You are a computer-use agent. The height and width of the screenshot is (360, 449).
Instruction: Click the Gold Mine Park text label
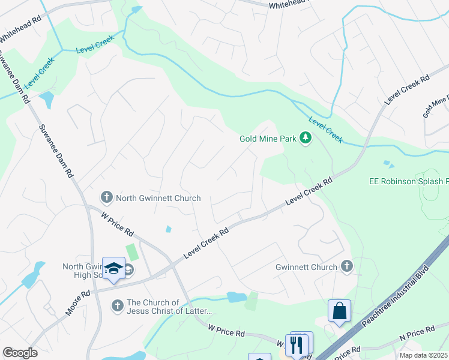[x=268, y=139]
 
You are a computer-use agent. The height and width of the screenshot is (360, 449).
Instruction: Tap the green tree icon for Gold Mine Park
[x=306, y=139]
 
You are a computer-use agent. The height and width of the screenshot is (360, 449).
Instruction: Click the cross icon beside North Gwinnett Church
[x=106, y=197]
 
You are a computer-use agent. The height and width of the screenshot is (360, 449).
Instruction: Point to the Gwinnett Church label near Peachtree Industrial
[x=306, y=267]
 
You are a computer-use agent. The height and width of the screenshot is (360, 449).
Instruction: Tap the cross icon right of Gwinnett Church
[x=346, y=267]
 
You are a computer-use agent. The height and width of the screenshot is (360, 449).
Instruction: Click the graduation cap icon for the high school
[x=113, y=269]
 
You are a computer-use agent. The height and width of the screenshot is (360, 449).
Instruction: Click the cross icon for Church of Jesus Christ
[x=118, y=307]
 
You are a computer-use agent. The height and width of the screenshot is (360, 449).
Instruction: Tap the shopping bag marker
[x=339, y=311]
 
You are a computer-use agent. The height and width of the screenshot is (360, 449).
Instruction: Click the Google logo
[x=20, y=353]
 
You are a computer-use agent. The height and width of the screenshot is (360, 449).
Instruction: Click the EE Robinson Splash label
[x=408, y=181]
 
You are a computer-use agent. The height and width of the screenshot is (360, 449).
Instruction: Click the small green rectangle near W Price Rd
[x=131, y=253]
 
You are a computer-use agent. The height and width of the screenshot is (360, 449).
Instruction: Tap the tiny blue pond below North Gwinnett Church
[x=168, y=229]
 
